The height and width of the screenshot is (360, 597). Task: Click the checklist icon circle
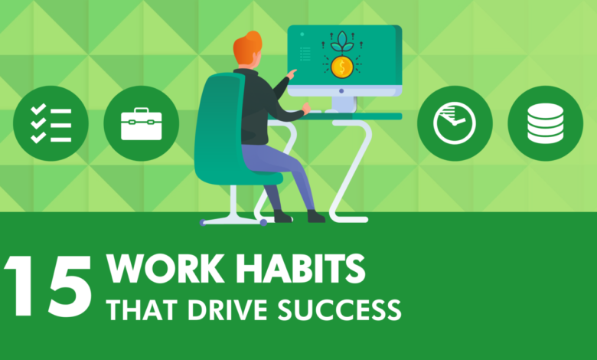[x=51, y=123]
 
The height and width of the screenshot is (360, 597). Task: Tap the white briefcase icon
[x=142, y=124]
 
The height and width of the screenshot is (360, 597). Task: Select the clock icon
[x=455, y=123]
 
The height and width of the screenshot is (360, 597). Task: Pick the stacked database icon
[x=545, y=123]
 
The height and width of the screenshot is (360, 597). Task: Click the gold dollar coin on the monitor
[x=342, y=67]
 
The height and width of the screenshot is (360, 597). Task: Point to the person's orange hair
[x=248, y=48]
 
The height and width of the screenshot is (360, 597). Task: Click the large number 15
[x=48, y=286]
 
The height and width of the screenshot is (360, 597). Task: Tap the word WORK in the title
[x=165, y=269]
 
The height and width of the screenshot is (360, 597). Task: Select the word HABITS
[x=300, y=269]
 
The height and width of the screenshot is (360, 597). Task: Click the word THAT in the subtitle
[x=143, y=309]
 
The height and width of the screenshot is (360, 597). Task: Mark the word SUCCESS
[x=339, y=309]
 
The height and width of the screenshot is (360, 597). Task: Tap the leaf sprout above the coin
[x=342, y=42]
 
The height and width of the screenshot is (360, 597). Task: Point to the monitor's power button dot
[x=341, y=91]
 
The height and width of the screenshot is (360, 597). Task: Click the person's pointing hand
[x=292, y=74]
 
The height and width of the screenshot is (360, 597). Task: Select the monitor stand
[x=344, y=104]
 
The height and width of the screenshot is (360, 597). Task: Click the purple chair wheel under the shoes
[x=263, y=222]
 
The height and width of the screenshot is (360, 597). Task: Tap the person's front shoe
[x=316, y=216]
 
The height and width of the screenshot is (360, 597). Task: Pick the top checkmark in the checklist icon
[x=38, y=109]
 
